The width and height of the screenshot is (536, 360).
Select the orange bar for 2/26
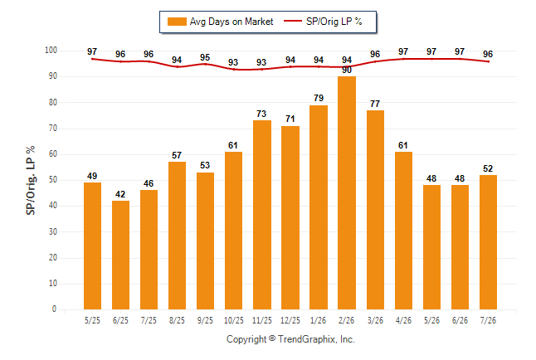pos(347,192)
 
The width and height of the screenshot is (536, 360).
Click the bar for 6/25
pos(120,255)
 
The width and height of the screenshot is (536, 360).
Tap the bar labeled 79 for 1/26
pos(319,207)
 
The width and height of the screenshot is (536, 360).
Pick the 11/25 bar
pos(262,215)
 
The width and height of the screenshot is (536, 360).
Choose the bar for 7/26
pos(488,242)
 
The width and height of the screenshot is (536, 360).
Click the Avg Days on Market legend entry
pos(220,22)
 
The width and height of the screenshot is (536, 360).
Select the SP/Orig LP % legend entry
pos(323,22)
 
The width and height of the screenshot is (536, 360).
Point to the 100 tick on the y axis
pos(51,51)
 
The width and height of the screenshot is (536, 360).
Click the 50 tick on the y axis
pos(52,180)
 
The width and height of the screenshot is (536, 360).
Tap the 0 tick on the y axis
pos(55,309)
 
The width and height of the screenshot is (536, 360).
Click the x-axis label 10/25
pos(234,320)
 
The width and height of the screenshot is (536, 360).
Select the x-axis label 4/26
pos(403,320)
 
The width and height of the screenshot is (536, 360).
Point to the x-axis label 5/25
pos(92,320)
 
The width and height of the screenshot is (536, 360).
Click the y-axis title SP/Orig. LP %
pos(31,180)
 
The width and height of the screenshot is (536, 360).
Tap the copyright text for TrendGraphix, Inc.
pos(290,339)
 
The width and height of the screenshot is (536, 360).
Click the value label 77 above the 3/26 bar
pos(375,104)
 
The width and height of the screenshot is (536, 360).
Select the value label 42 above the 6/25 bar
pos(120,194)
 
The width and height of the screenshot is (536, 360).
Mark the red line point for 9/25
pos(205,64)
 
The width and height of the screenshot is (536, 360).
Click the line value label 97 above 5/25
pos(92,51)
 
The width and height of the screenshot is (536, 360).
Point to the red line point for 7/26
pos(488,61)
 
